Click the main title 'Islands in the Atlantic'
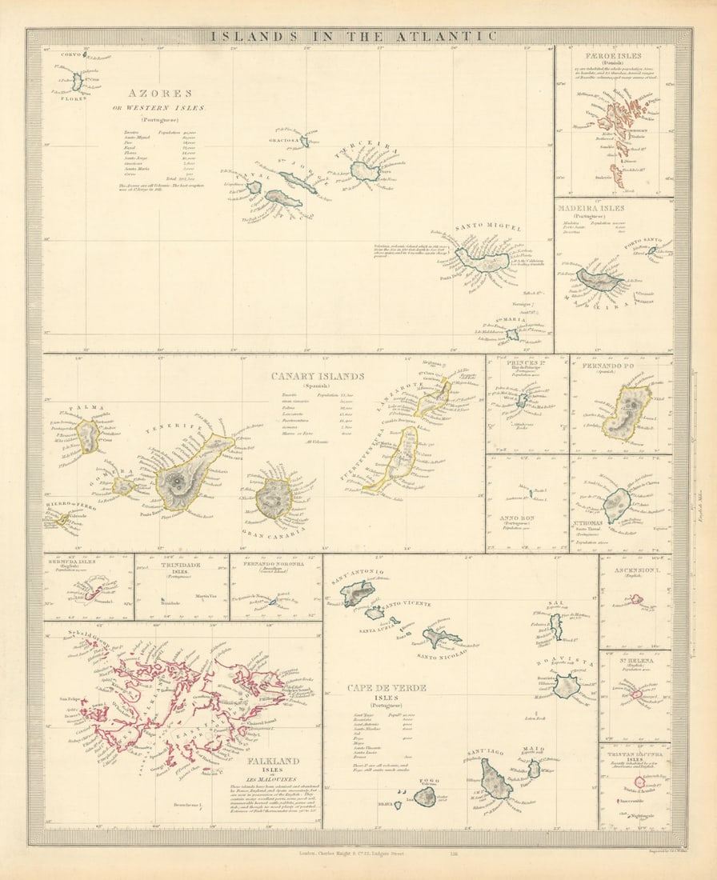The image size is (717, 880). point(352,36)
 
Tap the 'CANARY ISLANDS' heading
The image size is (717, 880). point(317,376)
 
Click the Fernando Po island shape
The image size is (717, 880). point(626,411)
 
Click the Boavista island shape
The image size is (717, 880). point(567,686)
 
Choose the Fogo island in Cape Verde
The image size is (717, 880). point(425,796)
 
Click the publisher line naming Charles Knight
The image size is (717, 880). point(352,854)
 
